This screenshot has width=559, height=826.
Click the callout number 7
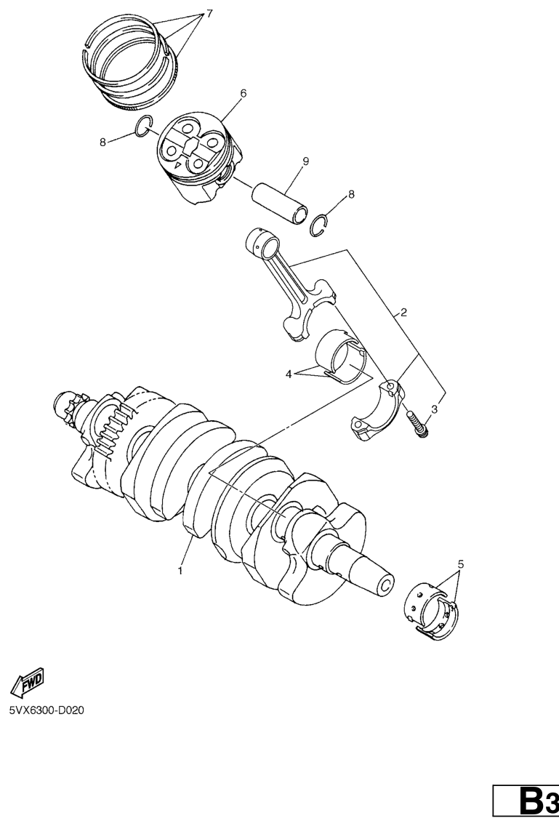pyautogui.click(x=209, y=14)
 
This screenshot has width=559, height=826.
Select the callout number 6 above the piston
pyautogui.click(x=243, y=93)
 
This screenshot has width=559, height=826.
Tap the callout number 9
pyautogui.click(x=305, y=161)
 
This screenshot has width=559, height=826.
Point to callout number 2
pyautogui.click(x=403, y=313)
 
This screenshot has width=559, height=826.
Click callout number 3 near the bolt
pyautogui.click(x=434, y=408)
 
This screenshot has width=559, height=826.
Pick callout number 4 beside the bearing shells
pyautogui.click(x=288, y=374)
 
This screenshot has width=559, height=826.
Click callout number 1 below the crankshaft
pyautogui.click(x=180, y=570)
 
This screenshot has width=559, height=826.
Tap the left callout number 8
pyautogui.click(x=102, y=142)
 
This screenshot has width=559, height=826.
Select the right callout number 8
pyautogui.click(x=351, y=194)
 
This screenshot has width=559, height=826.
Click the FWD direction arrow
pyautogui.click(x=28, y=681)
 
